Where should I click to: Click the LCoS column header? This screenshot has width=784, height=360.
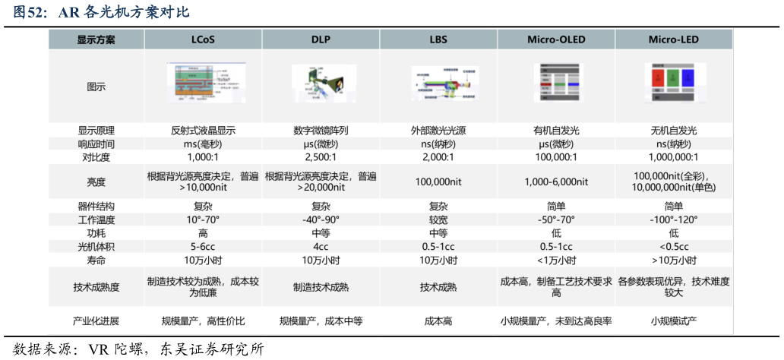point(203,39)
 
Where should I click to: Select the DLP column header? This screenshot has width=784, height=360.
point(321,39)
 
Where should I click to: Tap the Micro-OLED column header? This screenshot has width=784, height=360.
point(557,39)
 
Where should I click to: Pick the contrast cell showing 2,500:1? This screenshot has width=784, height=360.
point(321,157)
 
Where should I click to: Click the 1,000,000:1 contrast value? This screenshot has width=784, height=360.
point(674,157)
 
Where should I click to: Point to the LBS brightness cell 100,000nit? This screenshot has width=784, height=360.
point(438,182)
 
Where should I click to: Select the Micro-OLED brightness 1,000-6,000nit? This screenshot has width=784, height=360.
point(557,182)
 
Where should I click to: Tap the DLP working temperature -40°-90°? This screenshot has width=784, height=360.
point(321,219)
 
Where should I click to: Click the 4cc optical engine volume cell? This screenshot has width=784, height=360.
point(321,246)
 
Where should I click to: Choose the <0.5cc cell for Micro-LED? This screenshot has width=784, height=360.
point(674,246)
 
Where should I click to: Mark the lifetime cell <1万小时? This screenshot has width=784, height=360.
point(557,260)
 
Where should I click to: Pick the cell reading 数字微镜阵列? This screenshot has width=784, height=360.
point(321,131)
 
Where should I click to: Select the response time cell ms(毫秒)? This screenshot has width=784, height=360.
point(203,144)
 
